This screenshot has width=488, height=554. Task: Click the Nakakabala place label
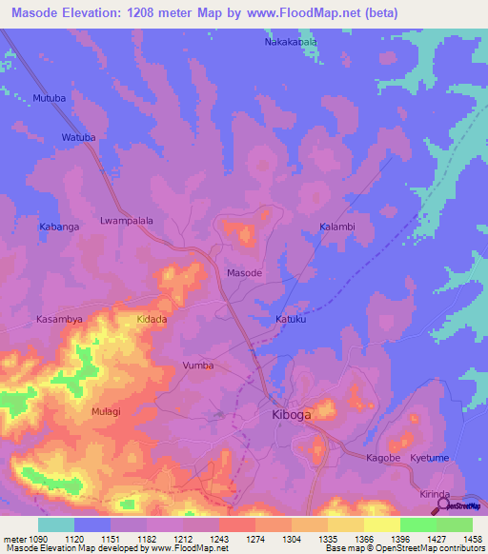pyautogui.click(x=291, y=43)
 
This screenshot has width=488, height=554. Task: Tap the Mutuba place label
pyautogui.click(x=50, y=98)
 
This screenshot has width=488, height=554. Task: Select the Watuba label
pyautogui.click(x=79, y=138)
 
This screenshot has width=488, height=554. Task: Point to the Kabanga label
pyautogui.click(x=57, y=227)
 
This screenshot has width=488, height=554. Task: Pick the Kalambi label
pyautogui.click(x=336, y=227)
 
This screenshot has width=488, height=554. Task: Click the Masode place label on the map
pyautogui.click(x=244, y=273)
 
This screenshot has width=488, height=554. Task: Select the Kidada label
pyautogui.click(x=152, y=319)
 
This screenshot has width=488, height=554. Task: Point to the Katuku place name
pyautogui.click(x=292, y=319)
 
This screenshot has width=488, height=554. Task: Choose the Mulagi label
pyautogui.click(x=107, y=411)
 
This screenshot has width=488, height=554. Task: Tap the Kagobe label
pyautogui.click(x=384, y=458)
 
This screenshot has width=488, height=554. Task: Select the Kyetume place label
pyautogui.click(x=430, y=458)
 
